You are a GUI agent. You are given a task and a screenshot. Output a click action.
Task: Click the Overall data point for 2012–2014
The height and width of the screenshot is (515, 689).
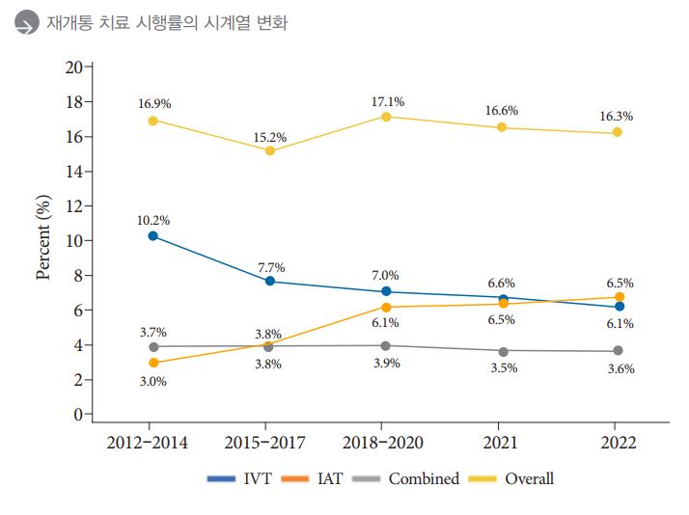click(x=152, y=121)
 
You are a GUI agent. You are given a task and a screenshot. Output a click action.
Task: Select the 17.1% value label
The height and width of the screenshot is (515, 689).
click(x=387, y=101)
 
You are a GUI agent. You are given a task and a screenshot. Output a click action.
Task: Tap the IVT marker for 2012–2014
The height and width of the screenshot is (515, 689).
click(x=152, y=235)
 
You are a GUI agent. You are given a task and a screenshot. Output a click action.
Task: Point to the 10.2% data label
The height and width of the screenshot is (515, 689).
click(x=153, y=219)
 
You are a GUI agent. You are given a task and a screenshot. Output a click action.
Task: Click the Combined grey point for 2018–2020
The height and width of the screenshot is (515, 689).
click(x=386, y=345)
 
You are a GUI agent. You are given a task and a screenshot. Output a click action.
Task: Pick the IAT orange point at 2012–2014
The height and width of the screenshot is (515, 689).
click(x=152, y=363)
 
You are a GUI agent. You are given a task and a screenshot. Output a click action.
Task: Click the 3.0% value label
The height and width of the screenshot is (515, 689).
click(x=152, y=381)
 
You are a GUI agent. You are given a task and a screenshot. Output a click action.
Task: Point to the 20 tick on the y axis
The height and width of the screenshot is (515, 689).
click(x=73, y=67)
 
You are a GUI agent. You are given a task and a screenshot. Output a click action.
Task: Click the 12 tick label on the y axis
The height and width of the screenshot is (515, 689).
click(x=73, y=205)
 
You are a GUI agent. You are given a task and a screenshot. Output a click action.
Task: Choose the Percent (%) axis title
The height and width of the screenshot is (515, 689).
click(x=43, y=237)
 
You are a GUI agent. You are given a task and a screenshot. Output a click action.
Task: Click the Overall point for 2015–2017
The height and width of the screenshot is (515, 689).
click(x=270, y=150)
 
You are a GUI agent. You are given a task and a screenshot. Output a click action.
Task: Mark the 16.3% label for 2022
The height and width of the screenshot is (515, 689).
click(x=617, y=116)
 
